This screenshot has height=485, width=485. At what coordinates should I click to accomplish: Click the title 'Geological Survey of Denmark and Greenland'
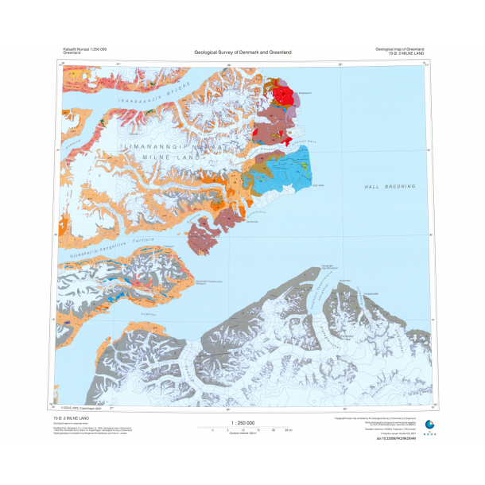[x=242, y=52]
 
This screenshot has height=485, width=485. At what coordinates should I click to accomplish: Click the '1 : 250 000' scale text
[x=242, y=423]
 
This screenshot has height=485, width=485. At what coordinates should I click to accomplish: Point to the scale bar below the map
[x=242, y=430]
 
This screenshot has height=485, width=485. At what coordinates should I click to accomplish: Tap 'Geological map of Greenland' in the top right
[x=402, y=48]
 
